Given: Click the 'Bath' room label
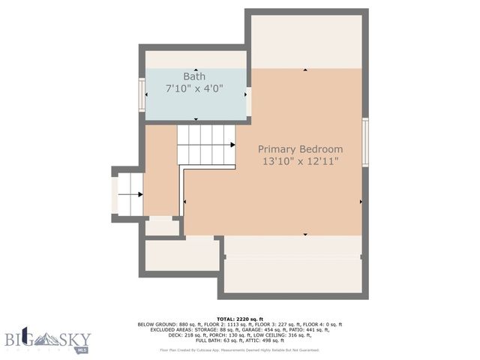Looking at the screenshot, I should point(194,76).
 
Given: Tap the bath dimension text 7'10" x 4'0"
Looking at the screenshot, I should point(194,88).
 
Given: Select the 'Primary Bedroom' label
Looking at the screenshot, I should point(300,149).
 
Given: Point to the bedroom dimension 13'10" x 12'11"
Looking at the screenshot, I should point(300,161).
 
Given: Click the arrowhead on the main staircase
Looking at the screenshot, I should point(232,145).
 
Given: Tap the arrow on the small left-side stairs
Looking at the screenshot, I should point(139,195).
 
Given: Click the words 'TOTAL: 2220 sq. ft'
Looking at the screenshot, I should point(240,319).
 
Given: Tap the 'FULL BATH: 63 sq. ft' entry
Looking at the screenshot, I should point(229,341).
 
